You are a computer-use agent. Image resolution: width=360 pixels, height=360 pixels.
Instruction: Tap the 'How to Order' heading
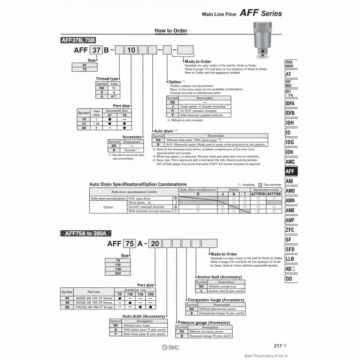[x=171, y=31]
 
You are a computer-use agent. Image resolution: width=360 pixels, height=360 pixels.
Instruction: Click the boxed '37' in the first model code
[x=96, y=50]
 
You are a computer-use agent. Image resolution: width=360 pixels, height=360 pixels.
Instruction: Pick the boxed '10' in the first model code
[x=132, y=50]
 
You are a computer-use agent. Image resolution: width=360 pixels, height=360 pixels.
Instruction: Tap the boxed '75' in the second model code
[x=129, y=243]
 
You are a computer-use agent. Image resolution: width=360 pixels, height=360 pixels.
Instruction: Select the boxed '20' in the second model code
[x=155, y=243]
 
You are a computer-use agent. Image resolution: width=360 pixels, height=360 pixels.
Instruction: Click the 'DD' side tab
[x=289, y=278]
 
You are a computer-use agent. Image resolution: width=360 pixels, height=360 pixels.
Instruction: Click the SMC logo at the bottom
[x=171, y=348]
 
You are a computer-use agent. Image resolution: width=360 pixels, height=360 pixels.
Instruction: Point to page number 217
[x=278, y=346]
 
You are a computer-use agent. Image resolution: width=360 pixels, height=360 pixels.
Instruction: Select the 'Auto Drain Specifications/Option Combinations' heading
[x=138, y=184]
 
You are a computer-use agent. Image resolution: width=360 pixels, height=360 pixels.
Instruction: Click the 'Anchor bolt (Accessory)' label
[x=219, y=277]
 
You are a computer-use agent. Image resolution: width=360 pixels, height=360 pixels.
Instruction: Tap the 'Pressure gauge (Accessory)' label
[x=204, y=322]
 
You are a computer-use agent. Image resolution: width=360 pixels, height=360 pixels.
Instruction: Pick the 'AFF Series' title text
[x=260, y=13]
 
